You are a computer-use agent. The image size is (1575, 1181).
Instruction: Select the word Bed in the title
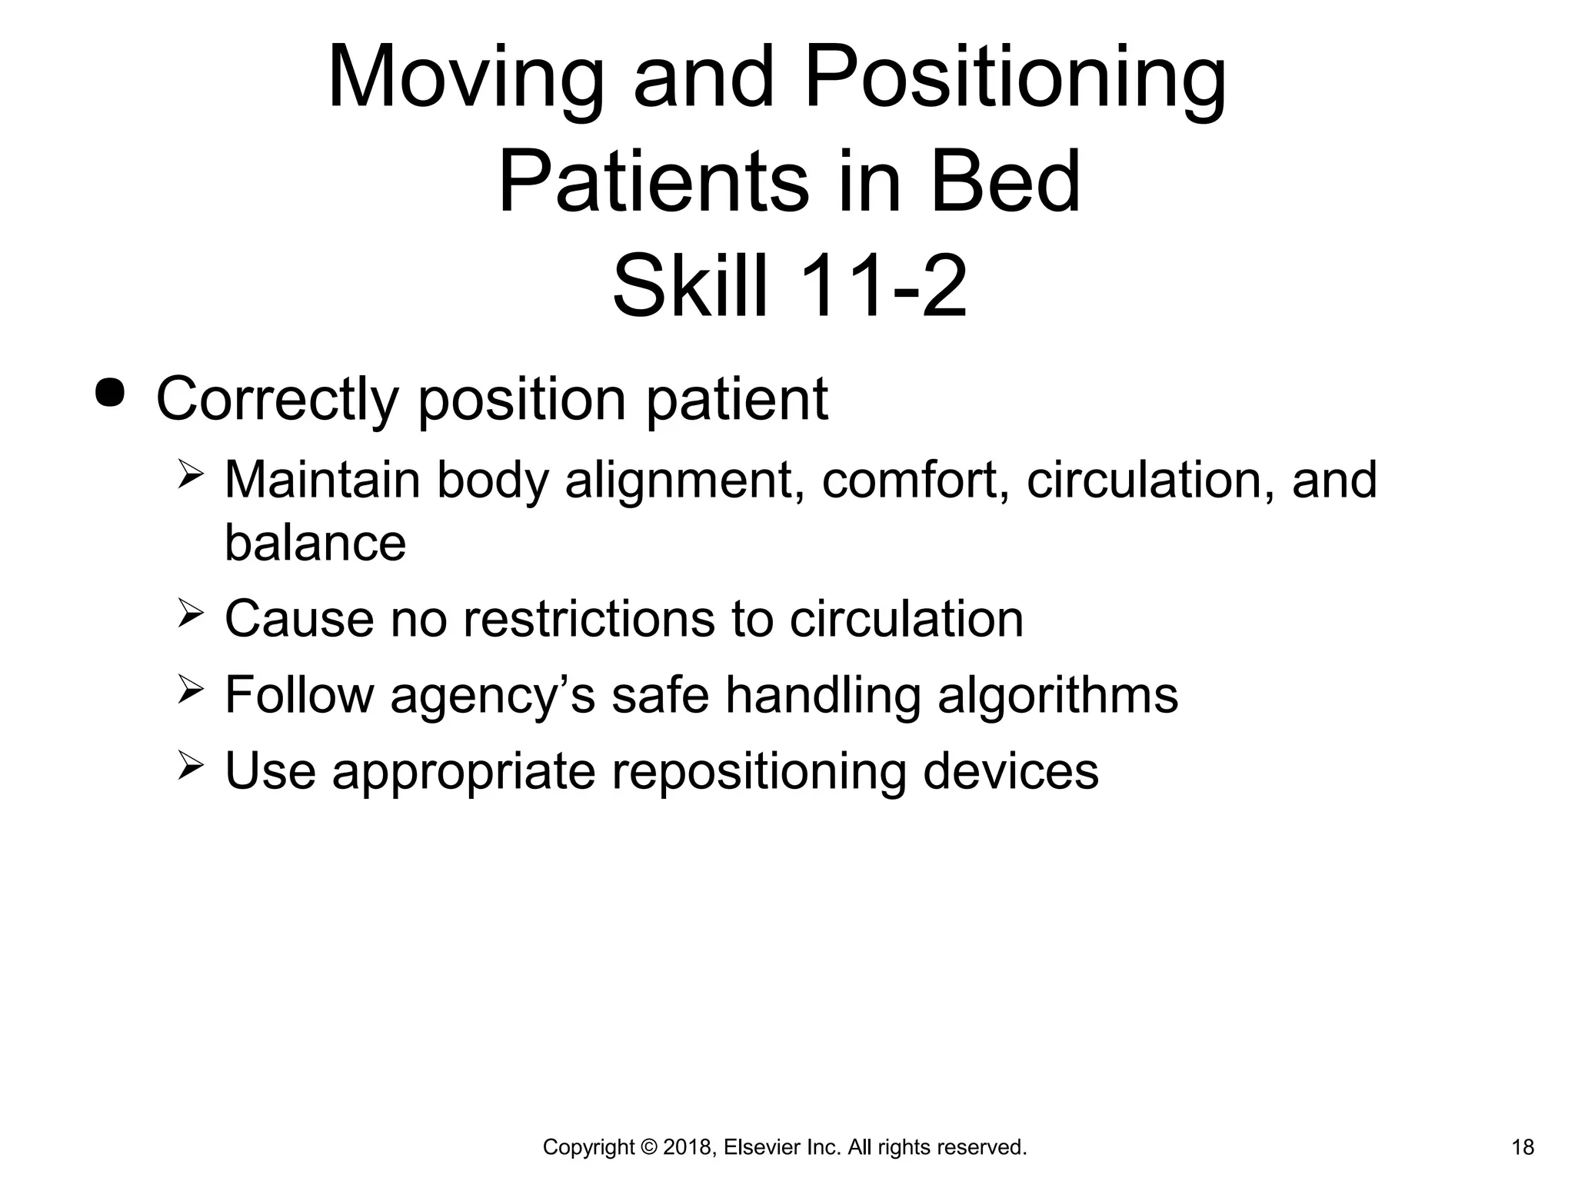[x=1005, y=183]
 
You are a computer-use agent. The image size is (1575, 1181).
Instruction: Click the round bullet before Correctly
[x=109, y=394]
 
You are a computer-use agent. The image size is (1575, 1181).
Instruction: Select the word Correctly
[x=277, y=400]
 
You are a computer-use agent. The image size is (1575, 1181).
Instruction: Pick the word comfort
[x=914, y=481]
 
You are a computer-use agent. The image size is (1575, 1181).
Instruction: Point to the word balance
[x=315, y=543]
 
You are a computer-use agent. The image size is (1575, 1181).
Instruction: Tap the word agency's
[x=492, y=696]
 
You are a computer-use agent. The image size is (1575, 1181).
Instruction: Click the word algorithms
[x=1057, y=694]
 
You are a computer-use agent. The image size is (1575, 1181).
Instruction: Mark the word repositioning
[x=758, y=772]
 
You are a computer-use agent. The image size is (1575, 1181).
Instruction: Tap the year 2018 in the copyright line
[x=691, y=1148]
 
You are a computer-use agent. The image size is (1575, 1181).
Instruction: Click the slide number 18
[x=1523, y=1148]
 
